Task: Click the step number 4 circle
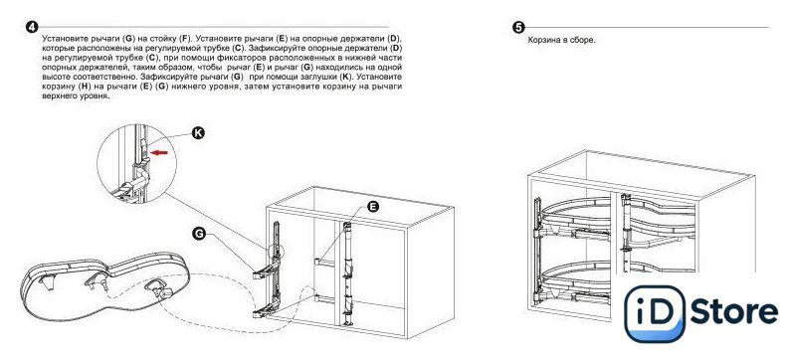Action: click(x=32, y=27)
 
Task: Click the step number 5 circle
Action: click(x=518, y=28)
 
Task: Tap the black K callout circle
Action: click(x=199, y=133)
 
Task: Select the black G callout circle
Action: click(x=200, y=234)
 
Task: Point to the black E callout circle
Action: click(x=373, y=206)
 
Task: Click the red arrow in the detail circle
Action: click(x=160, y=152)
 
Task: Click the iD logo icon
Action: click(x=655, y=313)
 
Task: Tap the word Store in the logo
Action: click(x=734, y=311)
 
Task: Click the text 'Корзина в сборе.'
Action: click(x=561, y=41)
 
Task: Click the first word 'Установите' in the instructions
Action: click(x=63, y=38)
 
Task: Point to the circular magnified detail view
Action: click(x=136, y=164)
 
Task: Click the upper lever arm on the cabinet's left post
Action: click(x=265, y=272)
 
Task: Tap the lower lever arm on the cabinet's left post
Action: click(x=265, y=313)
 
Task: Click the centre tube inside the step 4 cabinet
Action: click(x=347, y=274)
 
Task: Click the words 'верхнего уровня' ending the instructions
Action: click(x=76, y=95)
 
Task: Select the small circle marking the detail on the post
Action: click(x=277, y=251)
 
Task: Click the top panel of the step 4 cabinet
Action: click(x=361, y=206)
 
